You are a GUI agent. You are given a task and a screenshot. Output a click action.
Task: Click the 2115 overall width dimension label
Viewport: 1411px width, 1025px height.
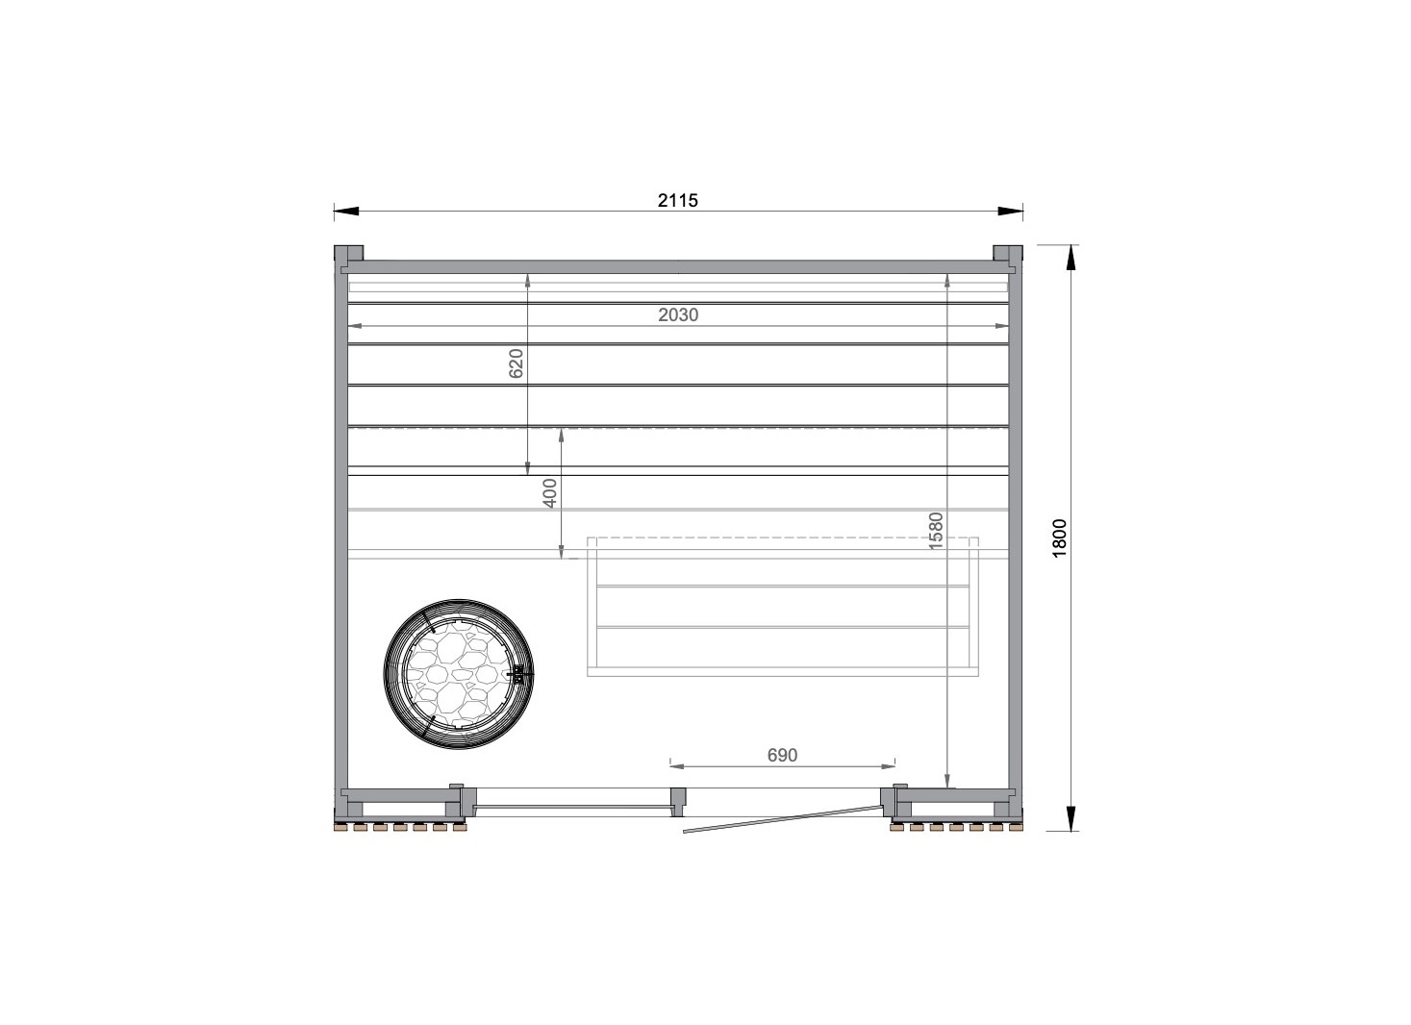678,200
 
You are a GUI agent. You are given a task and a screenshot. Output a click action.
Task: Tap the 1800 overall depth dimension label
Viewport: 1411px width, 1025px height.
1060,537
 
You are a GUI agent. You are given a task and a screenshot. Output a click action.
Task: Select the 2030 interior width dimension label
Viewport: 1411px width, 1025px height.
678,314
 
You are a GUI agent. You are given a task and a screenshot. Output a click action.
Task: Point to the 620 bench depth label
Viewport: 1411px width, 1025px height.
516,363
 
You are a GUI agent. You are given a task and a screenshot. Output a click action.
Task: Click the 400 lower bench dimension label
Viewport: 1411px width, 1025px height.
550,493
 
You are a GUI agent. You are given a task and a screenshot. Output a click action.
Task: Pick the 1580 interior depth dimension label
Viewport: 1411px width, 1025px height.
936,531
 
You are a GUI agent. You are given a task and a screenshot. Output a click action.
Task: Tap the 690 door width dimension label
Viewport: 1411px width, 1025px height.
782,755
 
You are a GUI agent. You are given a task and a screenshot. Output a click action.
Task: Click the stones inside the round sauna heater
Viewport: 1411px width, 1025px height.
458,674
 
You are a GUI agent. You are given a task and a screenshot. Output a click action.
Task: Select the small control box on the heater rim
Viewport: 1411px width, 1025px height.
517,674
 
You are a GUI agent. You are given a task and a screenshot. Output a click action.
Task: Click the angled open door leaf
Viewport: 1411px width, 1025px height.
782,819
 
